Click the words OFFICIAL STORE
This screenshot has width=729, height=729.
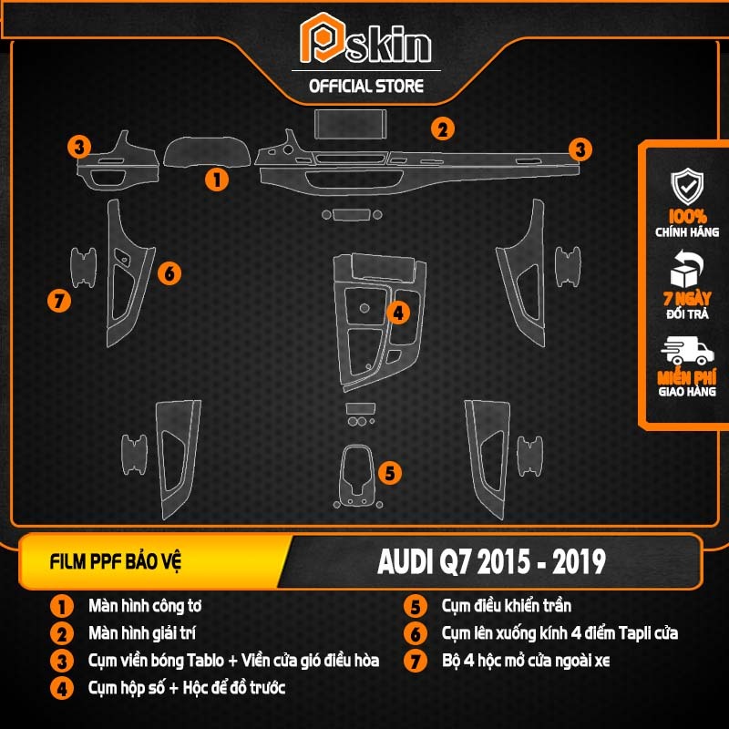366,87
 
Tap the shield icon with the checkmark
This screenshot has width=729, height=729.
687,186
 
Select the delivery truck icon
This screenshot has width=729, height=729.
687,351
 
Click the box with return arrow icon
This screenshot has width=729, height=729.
686,269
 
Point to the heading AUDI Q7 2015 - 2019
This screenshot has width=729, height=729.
491,561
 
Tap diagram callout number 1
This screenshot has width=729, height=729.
217,179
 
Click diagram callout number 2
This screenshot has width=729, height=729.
442,129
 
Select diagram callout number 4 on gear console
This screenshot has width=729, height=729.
398,313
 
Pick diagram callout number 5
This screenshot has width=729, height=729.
390,473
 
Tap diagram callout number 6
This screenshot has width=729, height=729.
169,273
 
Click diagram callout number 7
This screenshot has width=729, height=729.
59,301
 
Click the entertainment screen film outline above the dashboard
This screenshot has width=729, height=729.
350,124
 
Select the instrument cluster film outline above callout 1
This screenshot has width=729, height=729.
207,152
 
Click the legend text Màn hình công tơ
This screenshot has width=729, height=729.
145,606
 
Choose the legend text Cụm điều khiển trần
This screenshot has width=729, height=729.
507,606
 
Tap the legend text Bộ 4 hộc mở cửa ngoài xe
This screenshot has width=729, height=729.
526,661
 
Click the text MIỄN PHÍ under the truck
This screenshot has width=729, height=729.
687,377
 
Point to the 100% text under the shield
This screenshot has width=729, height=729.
687,216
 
